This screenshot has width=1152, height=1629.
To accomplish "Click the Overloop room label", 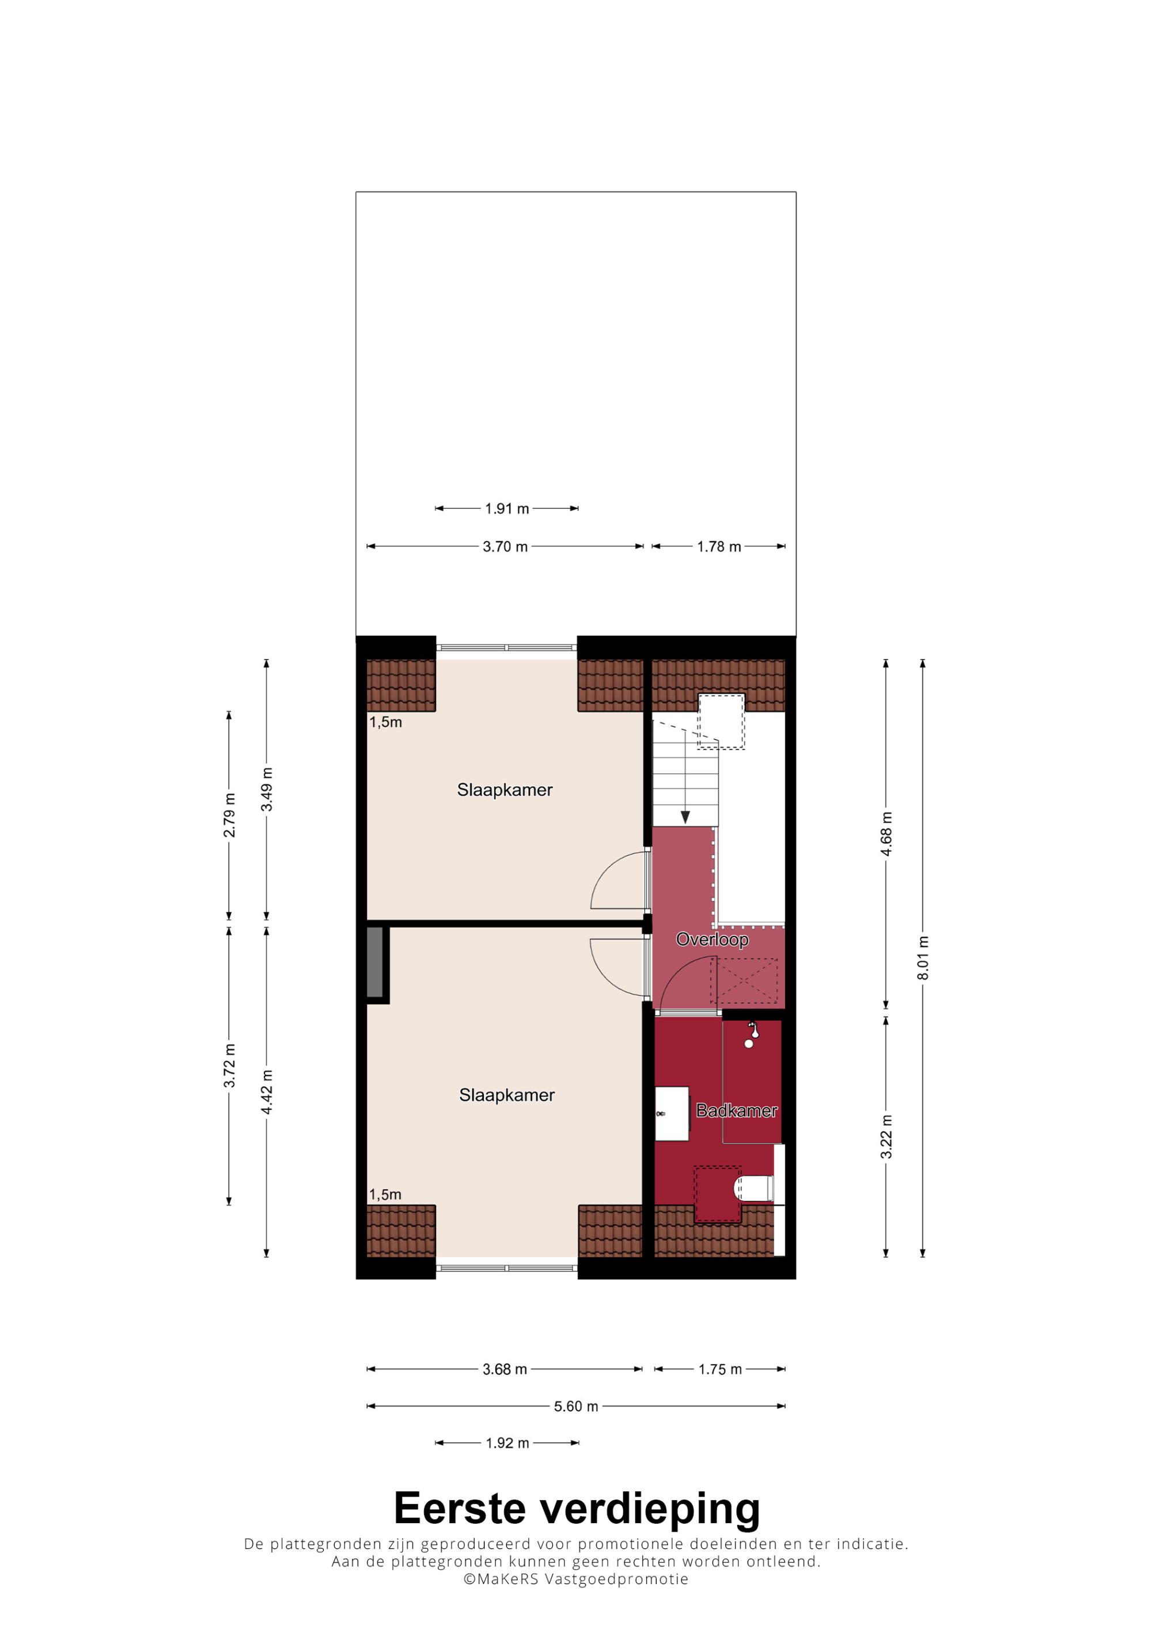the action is pos(712,939).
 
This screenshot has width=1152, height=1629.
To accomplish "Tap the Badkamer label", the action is pos(737,1110).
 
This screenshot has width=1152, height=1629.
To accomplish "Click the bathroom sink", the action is pos(672,1113).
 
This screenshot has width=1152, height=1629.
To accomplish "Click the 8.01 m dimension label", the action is pos(923,958).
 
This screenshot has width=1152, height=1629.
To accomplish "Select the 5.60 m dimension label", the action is pos(575,1406).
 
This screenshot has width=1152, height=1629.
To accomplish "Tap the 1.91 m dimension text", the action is pos(507,509).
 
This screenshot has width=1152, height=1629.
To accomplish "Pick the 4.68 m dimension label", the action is pos(886,833).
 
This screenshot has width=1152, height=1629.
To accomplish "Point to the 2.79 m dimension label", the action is pos(229,814).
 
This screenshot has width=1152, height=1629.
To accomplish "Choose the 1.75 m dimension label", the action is pos(720,1369).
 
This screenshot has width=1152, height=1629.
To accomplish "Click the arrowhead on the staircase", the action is pos(685,817).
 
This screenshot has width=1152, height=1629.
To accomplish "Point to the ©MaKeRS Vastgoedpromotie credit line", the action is pos(575,1579).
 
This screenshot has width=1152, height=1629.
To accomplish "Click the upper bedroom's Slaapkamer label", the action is pos(505,790).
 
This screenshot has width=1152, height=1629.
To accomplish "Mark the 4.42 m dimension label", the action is pos(267,1092).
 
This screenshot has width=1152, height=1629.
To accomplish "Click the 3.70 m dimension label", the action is pos(505,546).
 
